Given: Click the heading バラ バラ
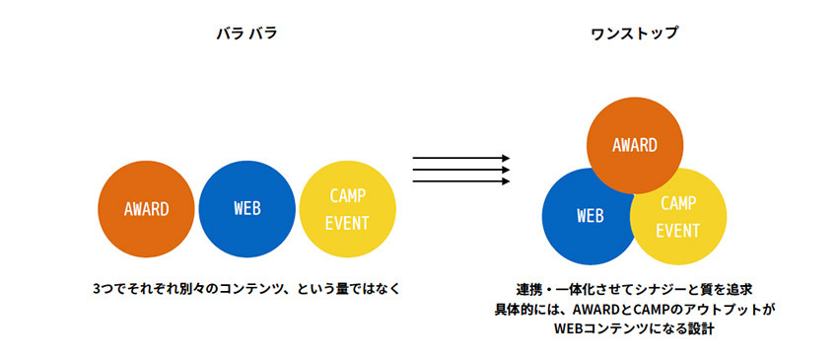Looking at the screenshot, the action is point(246,34).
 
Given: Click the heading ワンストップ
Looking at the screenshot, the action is point(634,34).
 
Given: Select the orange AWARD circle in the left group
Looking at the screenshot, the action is point(146,209).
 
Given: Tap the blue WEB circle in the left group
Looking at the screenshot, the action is point(246,209).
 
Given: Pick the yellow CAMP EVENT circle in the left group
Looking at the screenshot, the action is point(347,209).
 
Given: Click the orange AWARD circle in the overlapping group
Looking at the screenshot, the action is point(634,145).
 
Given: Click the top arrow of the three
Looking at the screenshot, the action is point(461,158).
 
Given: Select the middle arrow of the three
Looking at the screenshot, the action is point(461,170).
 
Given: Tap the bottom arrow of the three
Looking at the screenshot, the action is point(461,181).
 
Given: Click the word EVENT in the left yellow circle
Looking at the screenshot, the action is point(347,223).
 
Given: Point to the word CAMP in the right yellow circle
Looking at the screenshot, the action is point(678,203).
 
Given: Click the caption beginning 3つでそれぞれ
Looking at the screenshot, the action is point(246,289).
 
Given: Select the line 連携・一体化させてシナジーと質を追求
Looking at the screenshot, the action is point(634,289).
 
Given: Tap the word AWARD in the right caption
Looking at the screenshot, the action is point(594,309).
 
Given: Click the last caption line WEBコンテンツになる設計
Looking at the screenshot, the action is point(634,328).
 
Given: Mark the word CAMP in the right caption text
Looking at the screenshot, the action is point(645,309).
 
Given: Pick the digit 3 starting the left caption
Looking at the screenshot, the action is point(97,289).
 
